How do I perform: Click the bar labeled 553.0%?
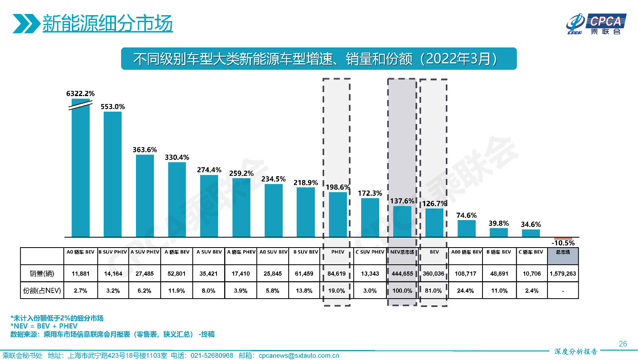112,174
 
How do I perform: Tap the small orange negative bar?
563,238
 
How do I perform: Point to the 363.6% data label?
145,150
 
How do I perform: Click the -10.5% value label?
563,243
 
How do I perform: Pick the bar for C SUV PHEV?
370,218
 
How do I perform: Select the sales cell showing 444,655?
402,274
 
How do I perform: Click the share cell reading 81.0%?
433,291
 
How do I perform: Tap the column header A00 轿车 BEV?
466,252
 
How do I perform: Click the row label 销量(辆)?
42,274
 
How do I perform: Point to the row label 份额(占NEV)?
42,291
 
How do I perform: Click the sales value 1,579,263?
563,274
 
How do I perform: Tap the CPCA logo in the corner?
596,24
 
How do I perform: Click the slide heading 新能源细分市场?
107,23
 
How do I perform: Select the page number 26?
623,344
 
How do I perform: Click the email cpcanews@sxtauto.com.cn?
299,356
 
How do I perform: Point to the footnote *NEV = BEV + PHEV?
44,326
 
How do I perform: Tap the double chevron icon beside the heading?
26,24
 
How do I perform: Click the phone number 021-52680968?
212,356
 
